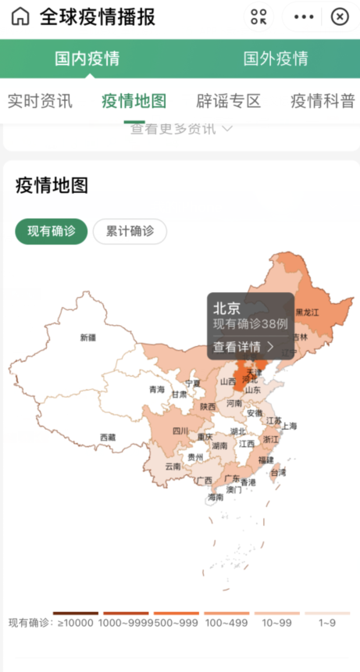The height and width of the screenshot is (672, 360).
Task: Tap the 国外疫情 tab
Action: [x=275, y=59]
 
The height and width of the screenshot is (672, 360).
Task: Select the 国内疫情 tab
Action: [x=87, y=59]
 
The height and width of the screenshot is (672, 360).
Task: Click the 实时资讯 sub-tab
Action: [x=40, y=101]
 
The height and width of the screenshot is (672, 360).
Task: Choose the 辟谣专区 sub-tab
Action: [x=228, y=101]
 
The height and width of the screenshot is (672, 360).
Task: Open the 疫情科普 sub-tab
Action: [x=323, y=101]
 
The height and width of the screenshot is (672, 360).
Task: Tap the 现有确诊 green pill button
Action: [x=52, y=231]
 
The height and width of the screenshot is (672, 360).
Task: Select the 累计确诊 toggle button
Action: [x=130, y=231]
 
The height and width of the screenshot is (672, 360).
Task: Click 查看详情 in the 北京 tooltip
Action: [x=244, y=346]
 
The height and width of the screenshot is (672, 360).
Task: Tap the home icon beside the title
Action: [x=21, y=16]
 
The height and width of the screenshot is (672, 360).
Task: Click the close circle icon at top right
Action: [x=340, y=16]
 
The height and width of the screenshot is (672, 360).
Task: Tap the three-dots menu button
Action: [x=304, y=16]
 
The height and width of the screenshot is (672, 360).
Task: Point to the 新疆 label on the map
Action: [x=88, y=338]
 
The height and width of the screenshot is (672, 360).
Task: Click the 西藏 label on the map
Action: [x=108, y=438]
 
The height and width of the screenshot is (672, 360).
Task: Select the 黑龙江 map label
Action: [x=307, y=312]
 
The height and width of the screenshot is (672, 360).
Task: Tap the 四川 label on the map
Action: [x=180, y=431]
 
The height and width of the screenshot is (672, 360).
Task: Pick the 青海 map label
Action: [x=157, y=389]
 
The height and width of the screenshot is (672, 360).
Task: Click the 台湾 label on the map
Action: [x=278, y=473]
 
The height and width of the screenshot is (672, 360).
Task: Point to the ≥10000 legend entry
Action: [x=76, y=622]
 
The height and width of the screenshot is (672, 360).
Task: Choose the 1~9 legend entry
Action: [x=327, y=622]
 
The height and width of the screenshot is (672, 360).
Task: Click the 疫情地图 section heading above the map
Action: [x=52, y=186]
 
